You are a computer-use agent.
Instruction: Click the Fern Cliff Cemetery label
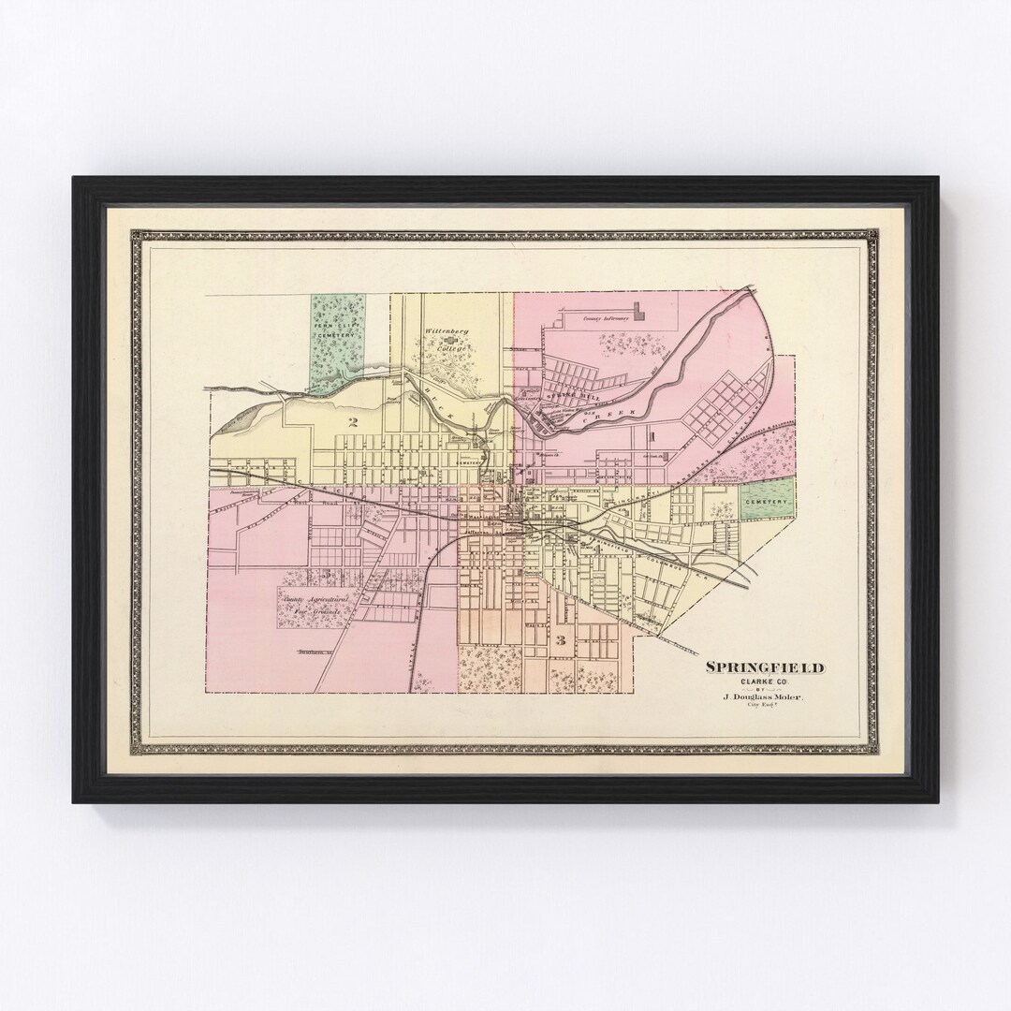(x=338, y=330)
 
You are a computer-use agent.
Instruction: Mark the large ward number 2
(x=353, y=422)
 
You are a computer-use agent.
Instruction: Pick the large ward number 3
(x=561, y=640)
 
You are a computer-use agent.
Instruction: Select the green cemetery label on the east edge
(x=764, y=502)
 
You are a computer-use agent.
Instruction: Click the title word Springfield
(x=765, y=667)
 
